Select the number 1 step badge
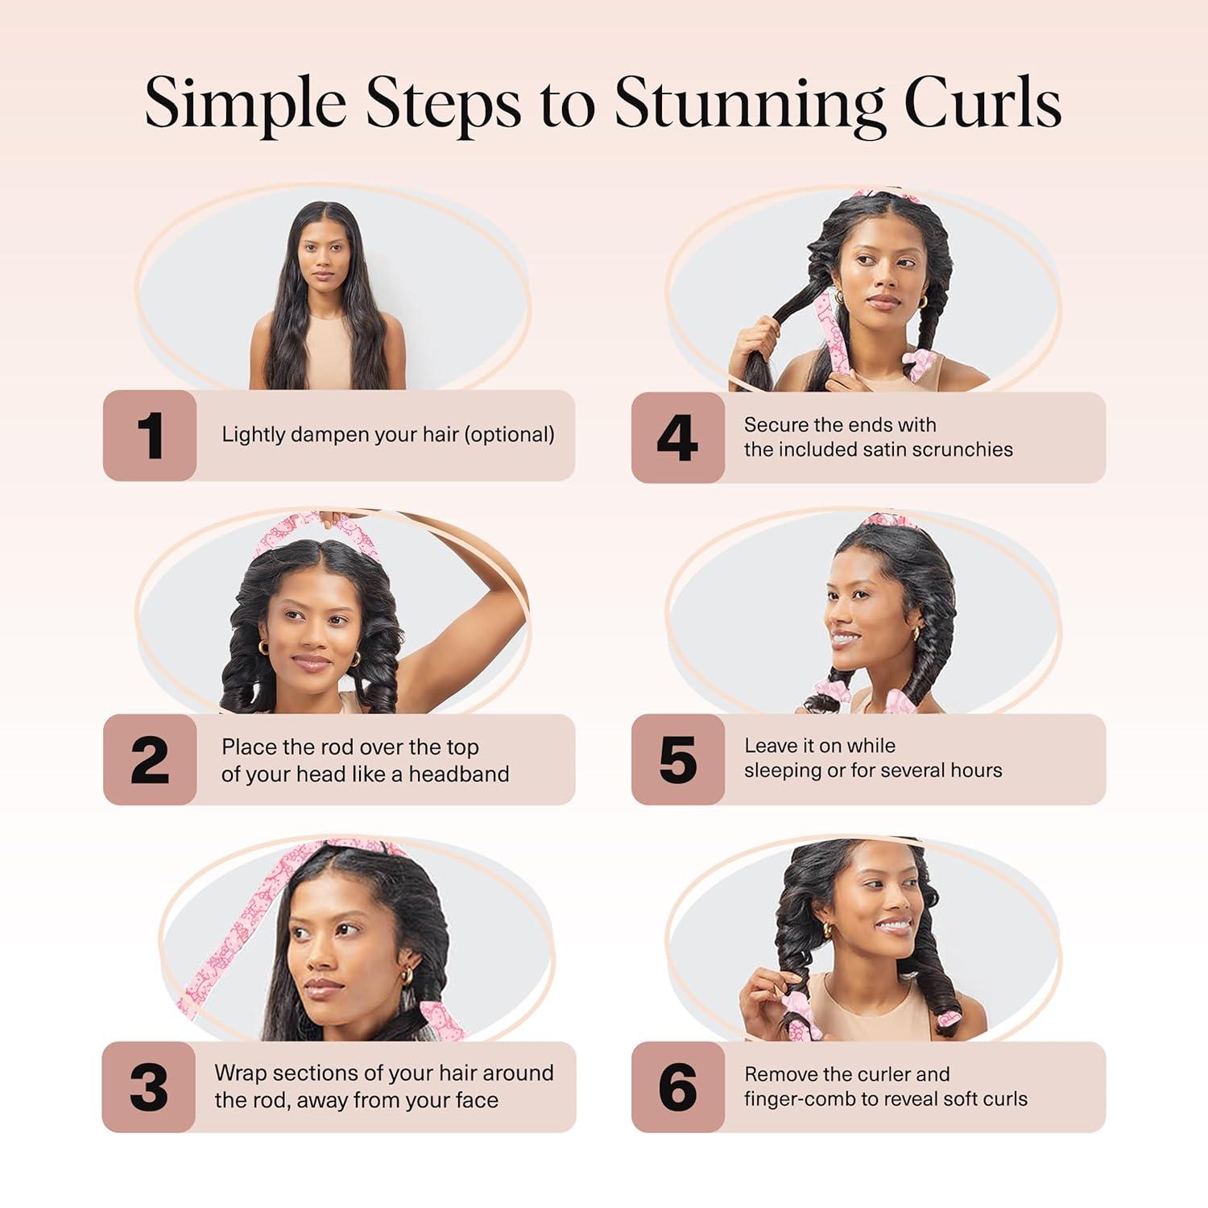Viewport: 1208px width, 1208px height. (150, 436)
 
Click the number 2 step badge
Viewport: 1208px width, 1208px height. (150, 759)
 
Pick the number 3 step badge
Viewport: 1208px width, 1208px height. (149, 1087)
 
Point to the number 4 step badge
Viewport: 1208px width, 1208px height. (677, 438)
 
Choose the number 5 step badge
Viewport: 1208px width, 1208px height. (677, 759)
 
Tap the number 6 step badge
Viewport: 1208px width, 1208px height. (677, 1087)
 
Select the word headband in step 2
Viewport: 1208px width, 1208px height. (459, 774)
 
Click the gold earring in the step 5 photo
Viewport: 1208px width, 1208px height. (916, 634)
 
